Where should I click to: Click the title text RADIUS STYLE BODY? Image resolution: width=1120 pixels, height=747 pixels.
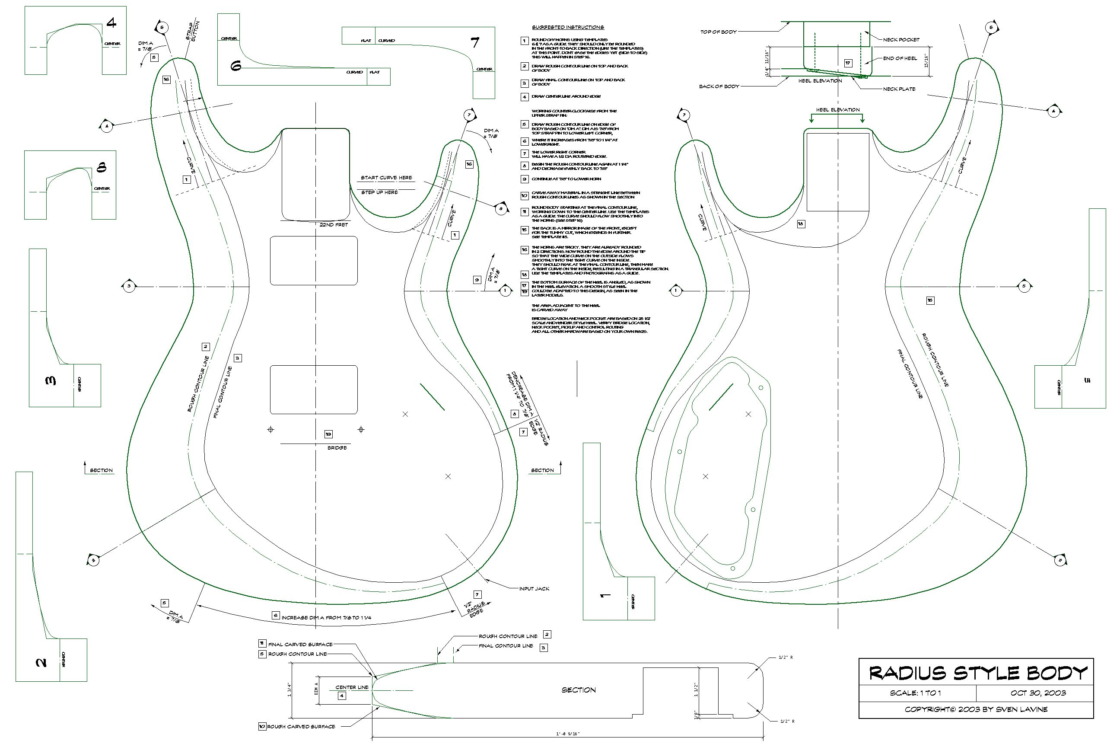tap(978, 673)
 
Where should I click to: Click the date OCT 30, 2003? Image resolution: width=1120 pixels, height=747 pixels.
tap(1038, 693)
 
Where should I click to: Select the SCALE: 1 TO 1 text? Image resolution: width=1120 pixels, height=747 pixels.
tap(915, 693)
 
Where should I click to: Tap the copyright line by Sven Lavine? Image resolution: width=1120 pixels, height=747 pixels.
tap(976, 709)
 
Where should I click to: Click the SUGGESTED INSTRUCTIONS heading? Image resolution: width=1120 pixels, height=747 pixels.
tap(568, 27)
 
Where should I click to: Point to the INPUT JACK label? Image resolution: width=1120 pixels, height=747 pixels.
tap(534, 589)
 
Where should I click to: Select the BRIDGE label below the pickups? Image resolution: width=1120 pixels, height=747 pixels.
tap(337, 448)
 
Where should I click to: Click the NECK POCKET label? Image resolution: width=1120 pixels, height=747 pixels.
tap(901, 39)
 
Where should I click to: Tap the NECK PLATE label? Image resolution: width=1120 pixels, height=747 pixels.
tap(899, 89)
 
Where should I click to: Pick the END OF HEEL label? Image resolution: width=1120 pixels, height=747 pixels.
tap(900, 58)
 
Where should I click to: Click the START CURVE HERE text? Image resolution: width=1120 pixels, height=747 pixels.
tap(386, 178)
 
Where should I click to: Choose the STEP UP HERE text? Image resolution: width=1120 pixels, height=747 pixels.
tap(379, 192)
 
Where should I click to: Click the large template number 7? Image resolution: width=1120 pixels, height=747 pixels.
tap(475, 43)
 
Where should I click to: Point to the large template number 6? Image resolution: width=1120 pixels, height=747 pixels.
tap(236, 66)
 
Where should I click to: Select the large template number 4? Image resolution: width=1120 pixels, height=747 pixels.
tap(111, 22)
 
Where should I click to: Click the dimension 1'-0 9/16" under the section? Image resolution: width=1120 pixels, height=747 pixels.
tap(567, 734)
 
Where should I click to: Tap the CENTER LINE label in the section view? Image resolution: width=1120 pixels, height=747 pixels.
tap(352, 687)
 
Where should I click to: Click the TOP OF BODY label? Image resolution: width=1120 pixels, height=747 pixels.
tap(718, 32)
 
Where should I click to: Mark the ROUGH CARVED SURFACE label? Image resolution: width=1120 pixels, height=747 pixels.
tap(301, 727)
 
